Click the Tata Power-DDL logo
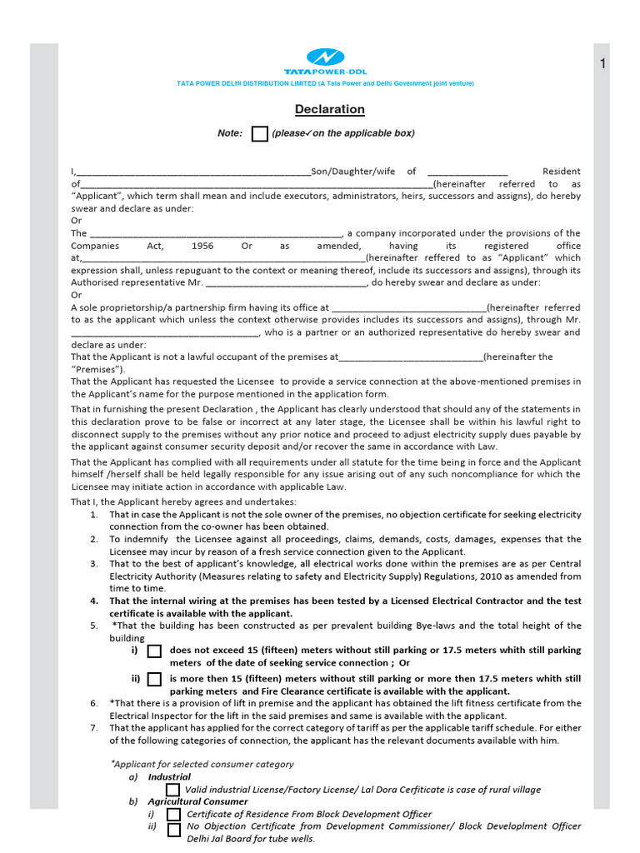[324, 62]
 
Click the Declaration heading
[329, 109]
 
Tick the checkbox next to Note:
[260, 134]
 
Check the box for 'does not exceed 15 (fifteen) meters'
[154, 651]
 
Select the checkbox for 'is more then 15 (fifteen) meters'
[154, 680]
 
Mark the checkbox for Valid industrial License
[172, 790]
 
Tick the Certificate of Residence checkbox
[173, 815]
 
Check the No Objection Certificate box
[173, 830]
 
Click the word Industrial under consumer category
[169, 777]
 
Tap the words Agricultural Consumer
[190, 802]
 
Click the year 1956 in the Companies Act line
[202, 247]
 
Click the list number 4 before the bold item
[94, 601]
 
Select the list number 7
[94, 728]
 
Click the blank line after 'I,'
[192, 172]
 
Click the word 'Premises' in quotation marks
[99, 369]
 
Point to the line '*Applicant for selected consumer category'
[202, 764]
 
